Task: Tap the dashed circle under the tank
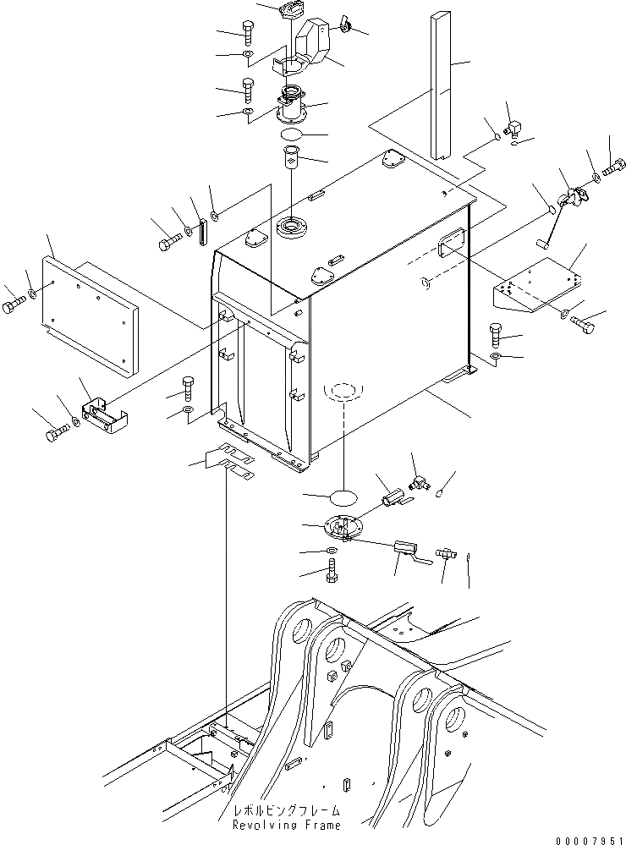(x=343, y=392)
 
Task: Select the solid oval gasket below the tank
(x=343, y=497)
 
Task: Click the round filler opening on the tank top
(x=291, y=227)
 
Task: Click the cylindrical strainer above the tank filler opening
(x=291, y=159)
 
